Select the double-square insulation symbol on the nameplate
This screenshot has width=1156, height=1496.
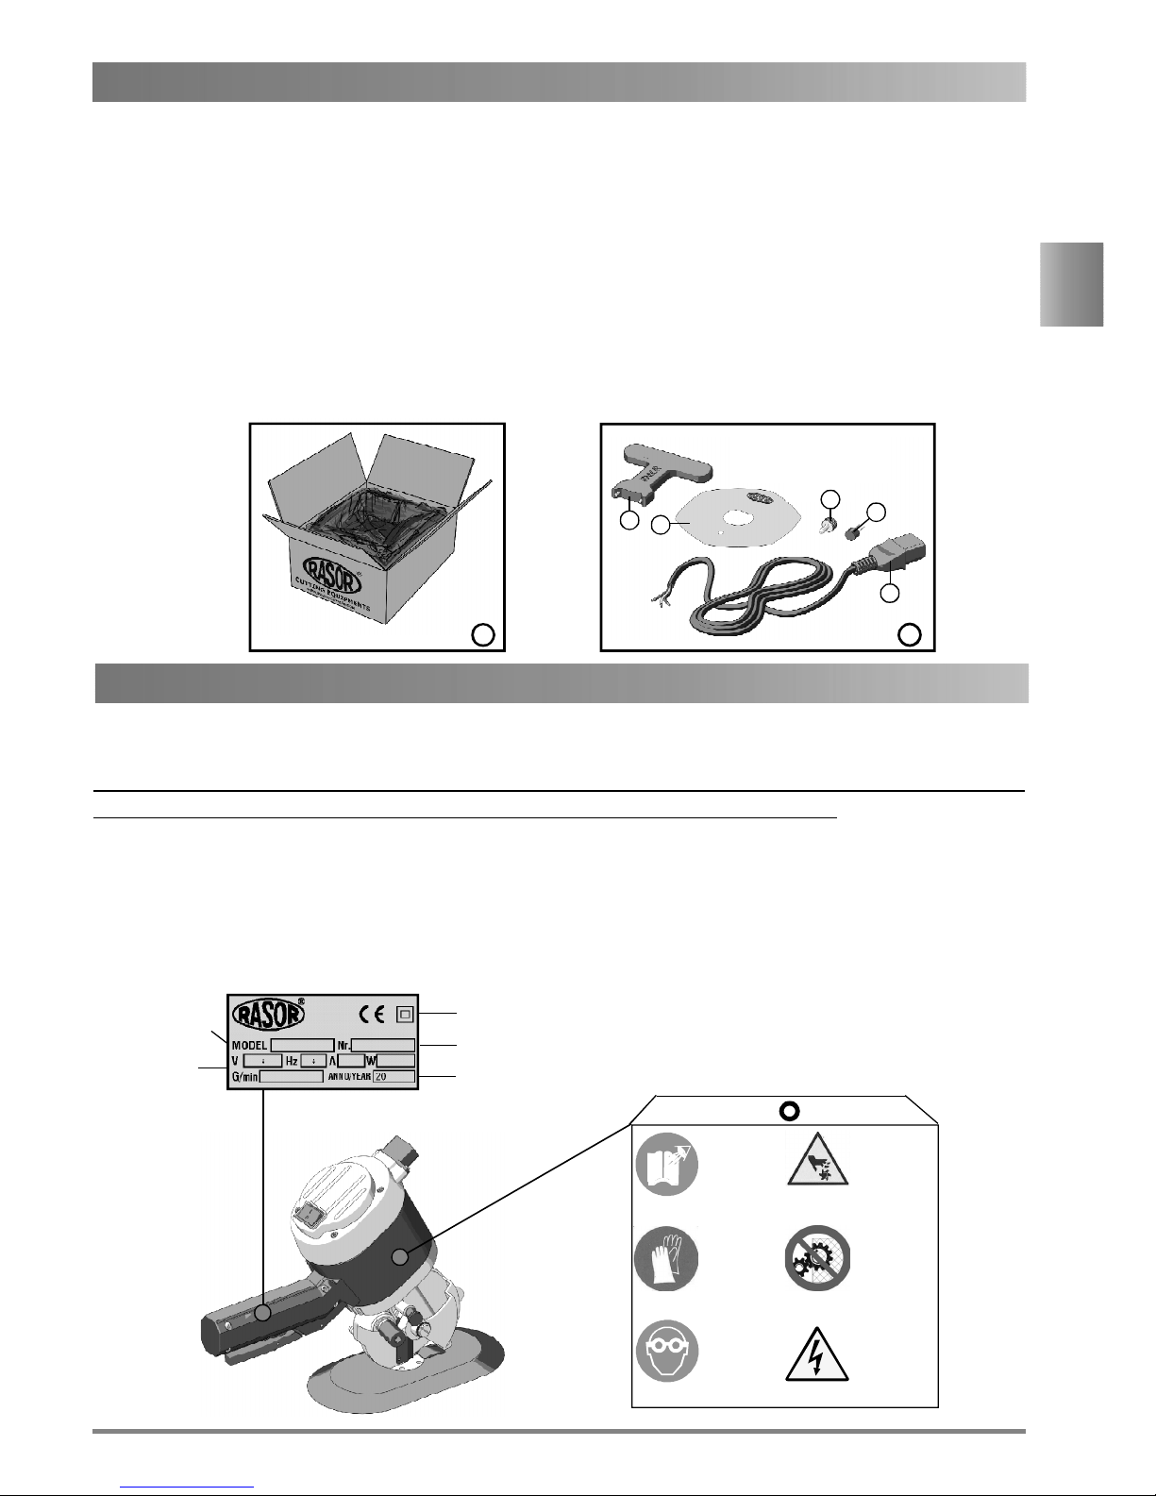(x=405, y=1015)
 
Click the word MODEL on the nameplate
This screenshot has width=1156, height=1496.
(x=249, y=1045)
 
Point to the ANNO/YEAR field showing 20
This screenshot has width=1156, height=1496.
(x=393, y=1076)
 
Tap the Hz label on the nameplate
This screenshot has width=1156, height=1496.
(x=292, y=1061)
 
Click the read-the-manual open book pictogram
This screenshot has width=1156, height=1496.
(x=667, y=1164)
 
